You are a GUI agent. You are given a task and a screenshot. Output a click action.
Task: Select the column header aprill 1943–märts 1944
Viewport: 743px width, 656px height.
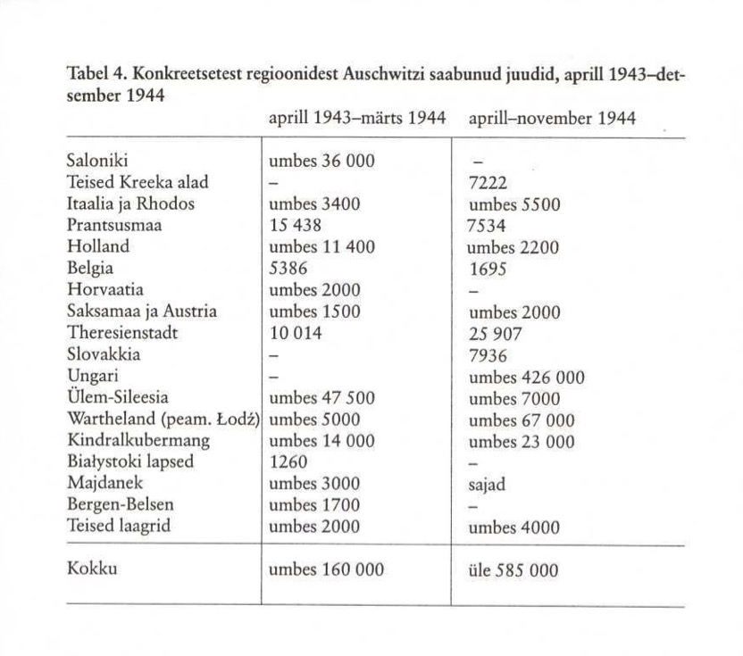(x=356, y=118)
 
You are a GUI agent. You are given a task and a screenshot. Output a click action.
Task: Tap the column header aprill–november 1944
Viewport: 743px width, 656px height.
(x=552, y=118)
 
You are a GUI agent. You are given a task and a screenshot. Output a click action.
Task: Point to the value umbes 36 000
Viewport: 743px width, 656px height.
(x=322, y=162)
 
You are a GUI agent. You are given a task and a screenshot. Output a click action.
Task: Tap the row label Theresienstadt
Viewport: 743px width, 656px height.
(x=123, y=333)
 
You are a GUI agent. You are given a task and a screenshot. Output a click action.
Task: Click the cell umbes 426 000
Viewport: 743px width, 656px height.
(x=527, y=377)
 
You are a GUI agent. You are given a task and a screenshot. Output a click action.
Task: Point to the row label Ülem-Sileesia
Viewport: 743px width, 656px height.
(x=117, y=398)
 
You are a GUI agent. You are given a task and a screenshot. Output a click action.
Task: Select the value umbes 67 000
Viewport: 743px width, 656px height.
(x=522, y=419)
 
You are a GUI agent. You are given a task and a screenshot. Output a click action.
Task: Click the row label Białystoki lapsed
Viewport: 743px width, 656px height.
(x=130, y=462)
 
